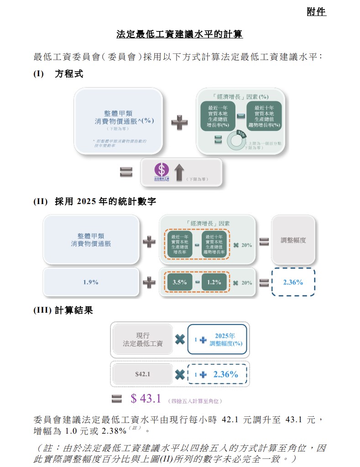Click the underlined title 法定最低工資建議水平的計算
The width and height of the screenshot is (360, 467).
tap(180, 35)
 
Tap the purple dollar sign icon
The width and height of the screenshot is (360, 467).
tap(161, 170)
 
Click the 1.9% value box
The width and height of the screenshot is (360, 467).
tap(91, 282)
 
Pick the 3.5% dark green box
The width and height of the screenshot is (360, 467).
tap(180, 282)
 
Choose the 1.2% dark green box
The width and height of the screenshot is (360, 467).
tap(214, 282)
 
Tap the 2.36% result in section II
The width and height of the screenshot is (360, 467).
tap(293, 282)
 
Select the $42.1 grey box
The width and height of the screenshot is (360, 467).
tap(142, 374)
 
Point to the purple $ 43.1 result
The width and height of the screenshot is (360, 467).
tap(146, 399)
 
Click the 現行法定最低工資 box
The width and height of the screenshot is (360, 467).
tap(142, 340)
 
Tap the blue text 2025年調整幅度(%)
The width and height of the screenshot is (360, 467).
tap(226, 340)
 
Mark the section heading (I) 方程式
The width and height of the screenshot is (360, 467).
tap(58, 74)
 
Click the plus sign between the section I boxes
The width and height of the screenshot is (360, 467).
tap(179, 122)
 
